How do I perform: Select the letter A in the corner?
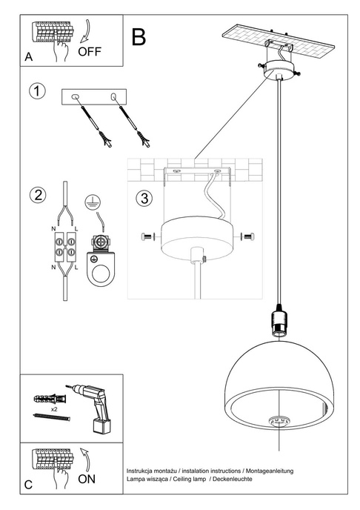[x=28, y=56]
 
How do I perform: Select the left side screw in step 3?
[x=145, y=236]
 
